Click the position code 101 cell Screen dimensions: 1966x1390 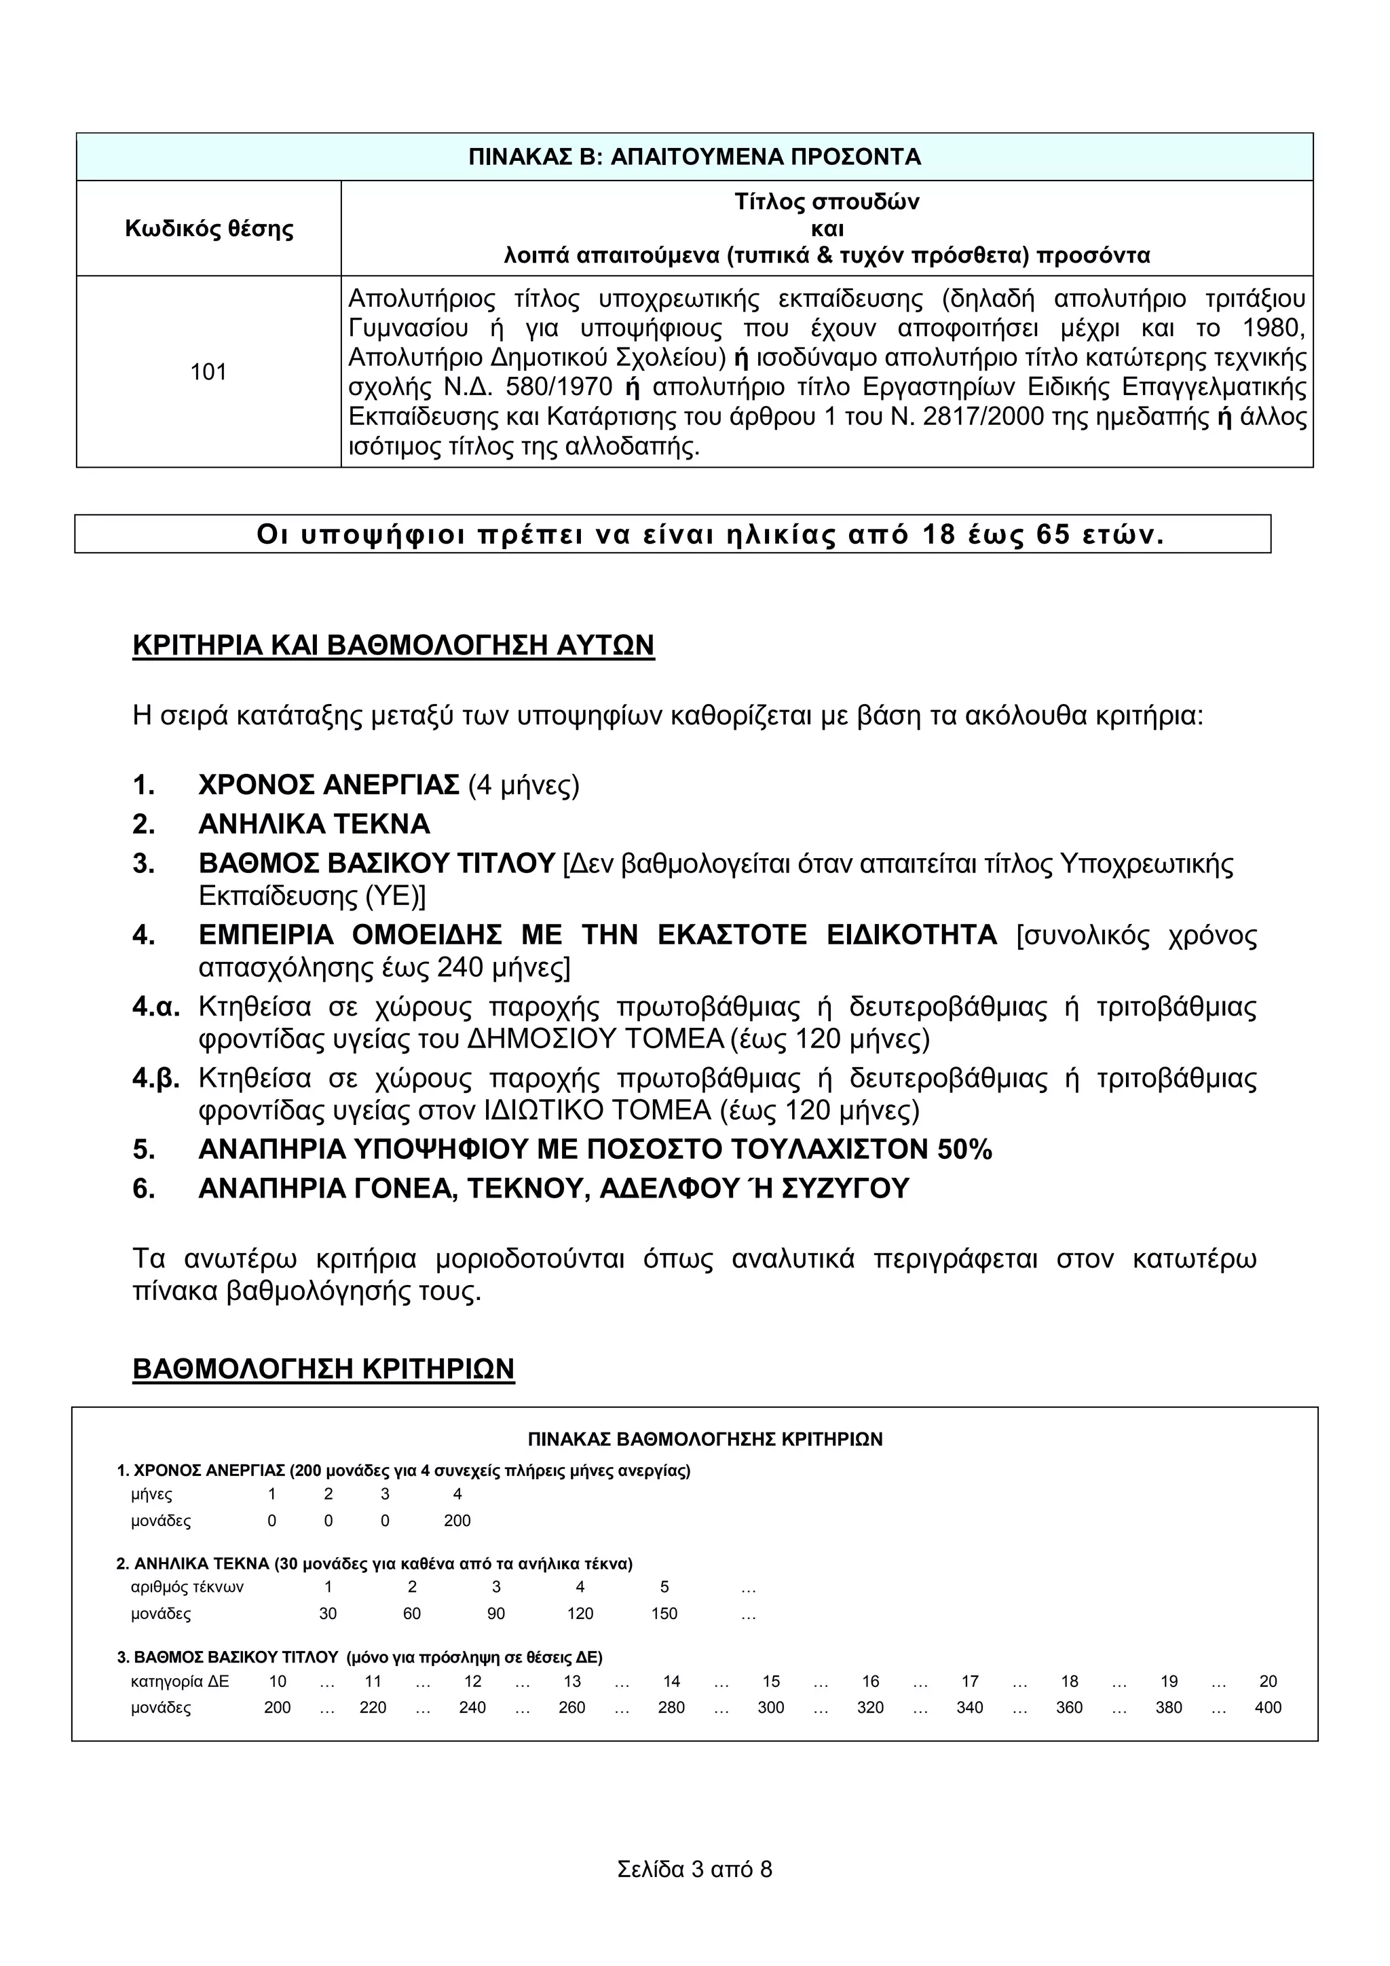[208, 371]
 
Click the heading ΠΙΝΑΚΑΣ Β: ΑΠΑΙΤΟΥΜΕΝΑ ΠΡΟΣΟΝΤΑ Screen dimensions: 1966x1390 [694, 157]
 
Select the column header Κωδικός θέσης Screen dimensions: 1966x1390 [209, 229]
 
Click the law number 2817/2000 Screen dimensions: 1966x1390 [983, 417]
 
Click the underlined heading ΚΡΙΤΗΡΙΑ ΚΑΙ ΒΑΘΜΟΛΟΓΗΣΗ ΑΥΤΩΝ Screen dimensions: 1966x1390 [393, 645]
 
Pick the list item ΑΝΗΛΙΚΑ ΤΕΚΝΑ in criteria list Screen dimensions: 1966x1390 [314, 823]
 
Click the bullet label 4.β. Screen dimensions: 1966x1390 [156, 1078]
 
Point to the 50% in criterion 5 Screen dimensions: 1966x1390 [964, 1149]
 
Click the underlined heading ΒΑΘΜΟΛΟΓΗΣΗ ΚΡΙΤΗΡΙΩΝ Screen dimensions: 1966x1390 [324, 1369]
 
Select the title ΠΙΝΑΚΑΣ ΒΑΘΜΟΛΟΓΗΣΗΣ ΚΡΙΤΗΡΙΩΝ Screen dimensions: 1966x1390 [705, 1439]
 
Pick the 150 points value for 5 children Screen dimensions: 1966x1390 [664, 1614]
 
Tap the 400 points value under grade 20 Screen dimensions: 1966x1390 [1268, 1707]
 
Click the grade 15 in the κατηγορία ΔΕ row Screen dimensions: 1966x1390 [771, 1682]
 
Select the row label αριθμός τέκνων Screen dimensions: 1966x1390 [187, 1587]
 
